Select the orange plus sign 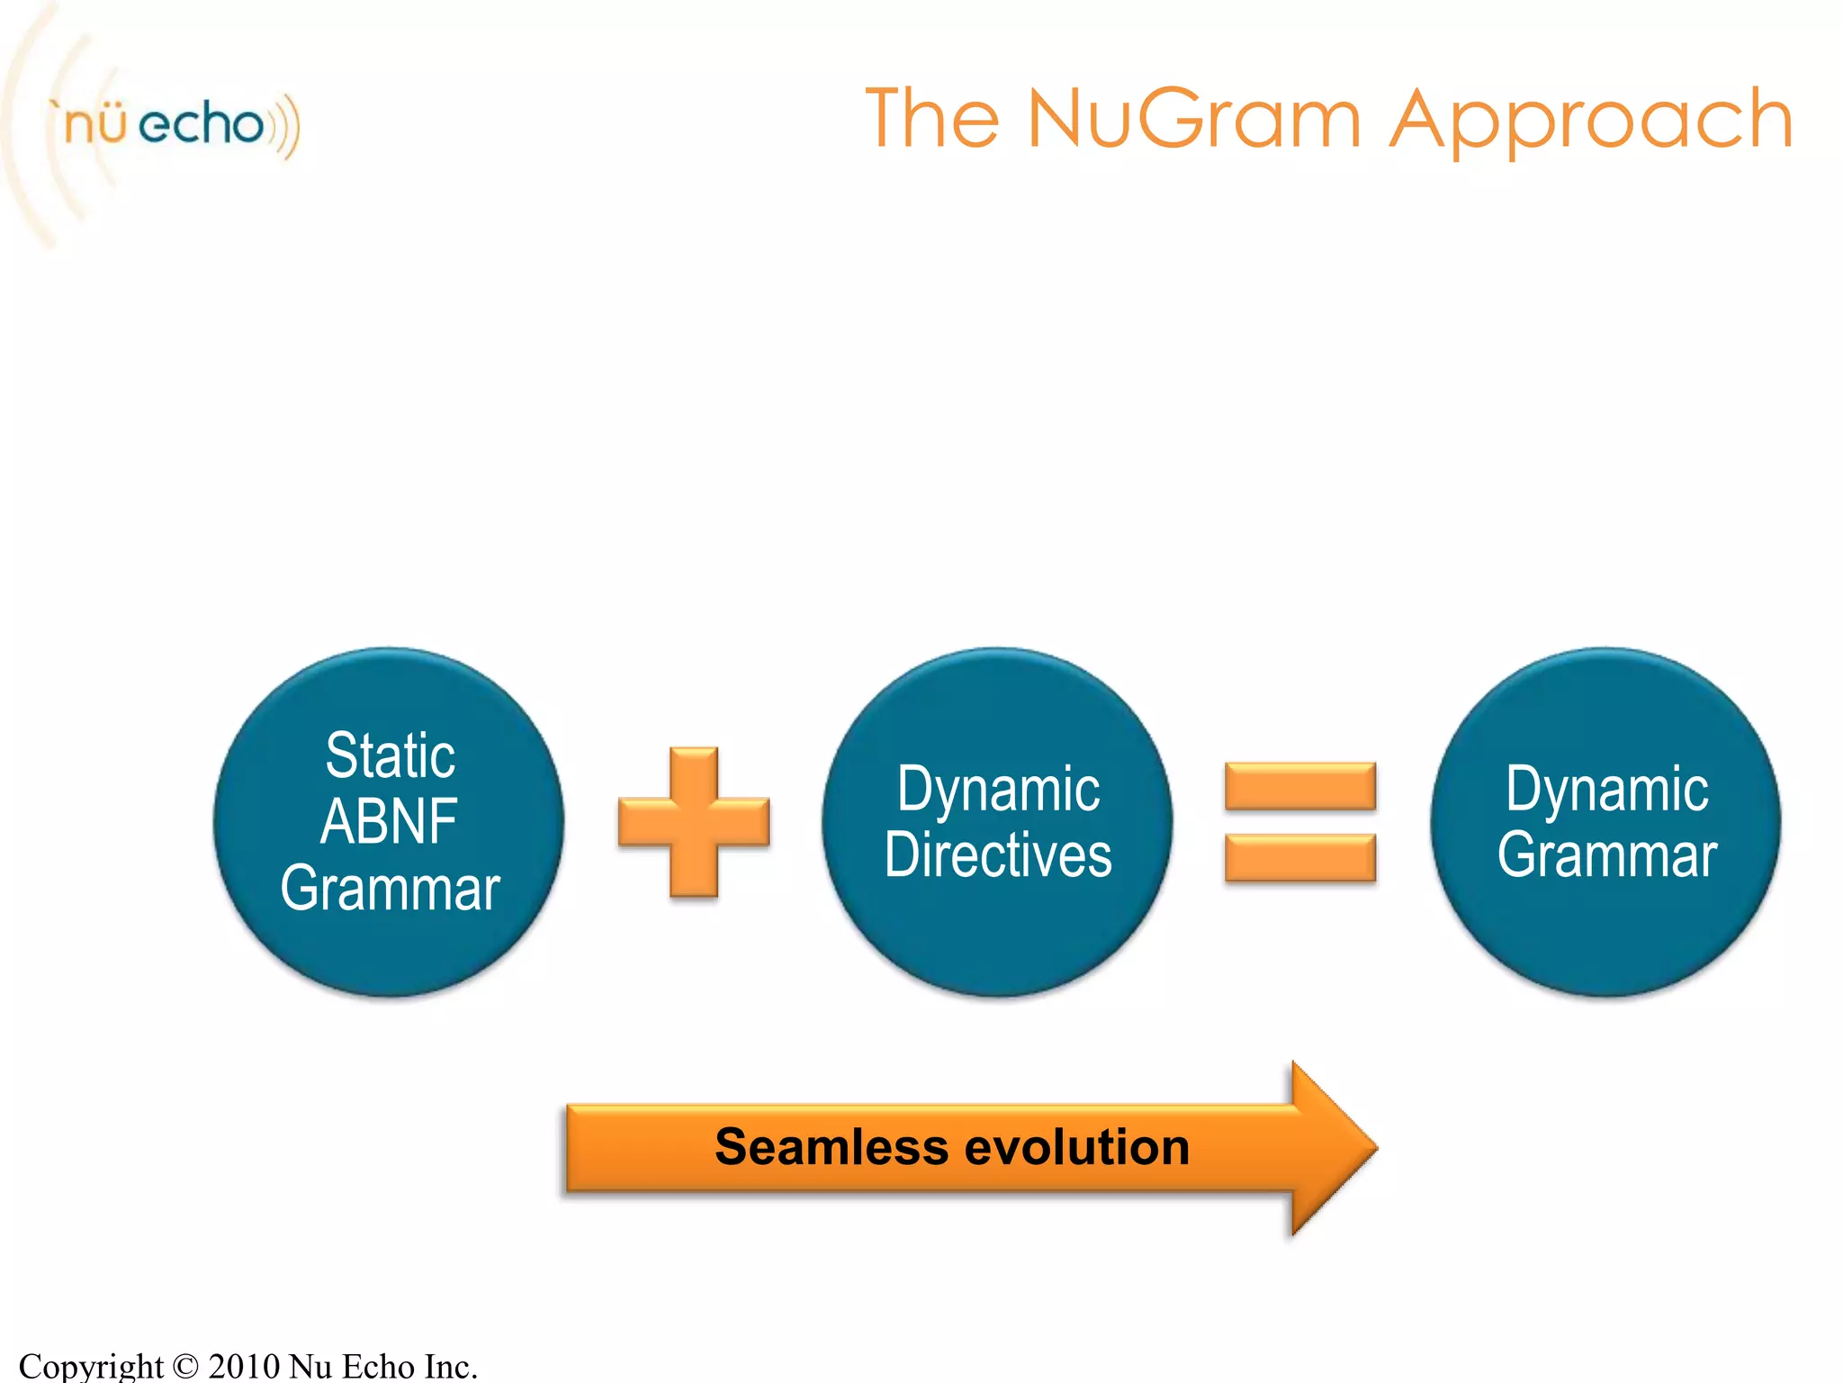click(x=694, y=821)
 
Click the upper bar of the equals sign click(x=1300, y=786)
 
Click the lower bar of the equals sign click(x=1300, y=857)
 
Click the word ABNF click(x=390, y=821)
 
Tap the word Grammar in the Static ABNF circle click(x=390, y=889)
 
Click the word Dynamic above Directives click(x=998, y=789)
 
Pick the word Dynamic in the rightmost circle click(x=1606, y=789)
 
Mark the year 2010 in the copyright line click(x=244, y=1366)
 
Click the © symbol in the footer click(x=184, y=1366)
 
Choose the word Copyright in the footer click(x=91, y=1366)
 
